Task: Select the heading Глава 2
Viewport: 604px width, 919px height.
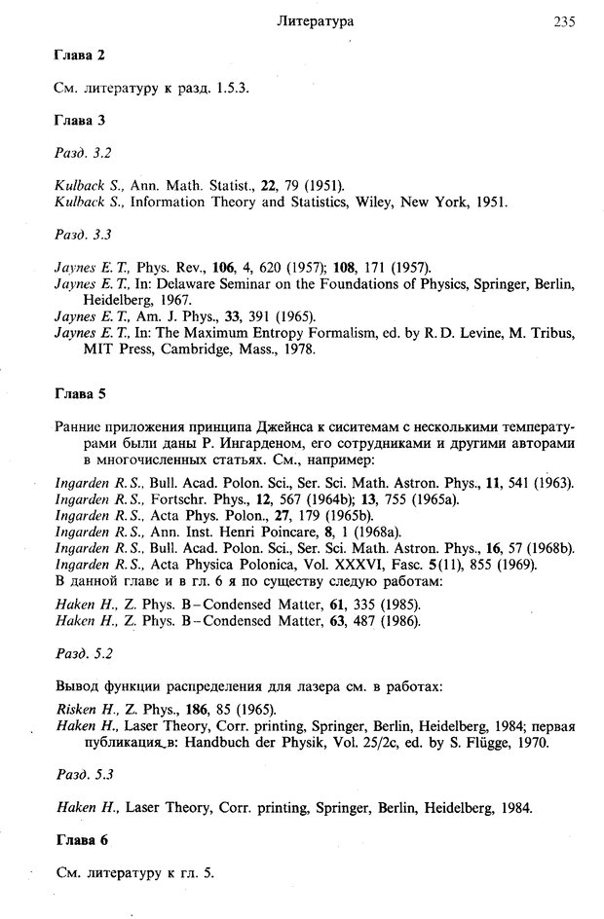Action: tap(78, 55)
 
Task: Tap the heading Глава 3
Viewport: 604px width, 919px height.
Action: tap(78, 120)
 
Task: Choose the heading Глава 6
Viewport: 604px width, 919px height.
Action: tap(79, 838)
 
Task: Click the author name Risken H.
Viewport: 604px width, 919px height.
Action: tap(84, 709)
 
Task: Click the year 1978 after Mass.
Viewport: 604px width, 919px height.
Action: tap(298, 348)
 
